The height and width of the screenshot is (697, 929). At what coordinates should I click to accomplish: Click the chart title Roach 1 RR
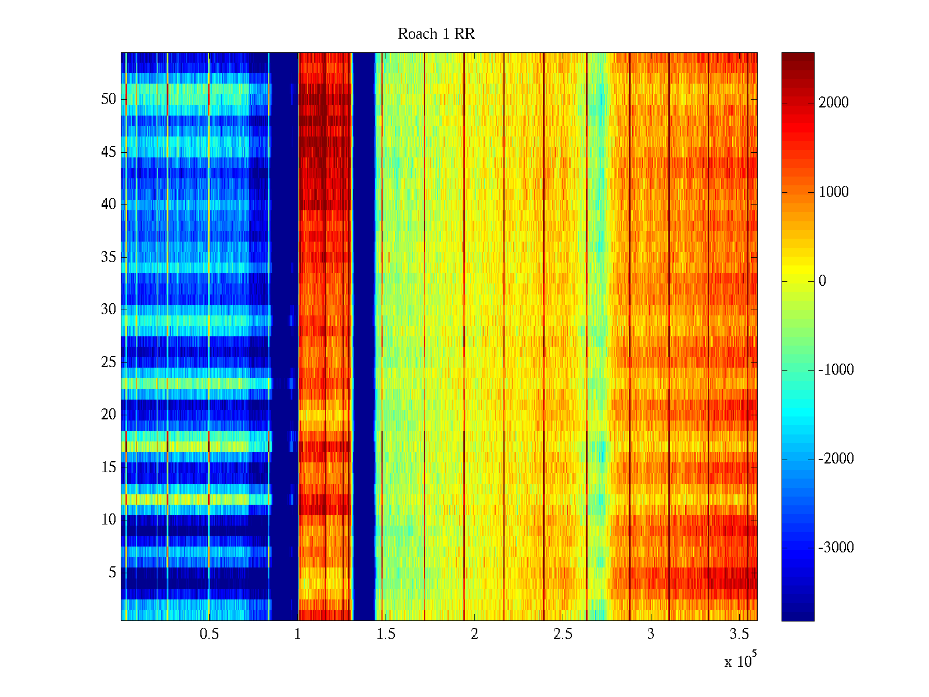pyautogui.click(x=436, y=34)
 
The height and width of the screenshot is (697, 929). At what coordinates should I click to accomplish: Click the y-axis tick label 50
pyautogui.click(x=109, y=99)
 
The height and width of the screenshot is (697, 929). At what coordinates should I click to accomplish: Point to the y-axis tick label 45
pyautogui.click(x=109, y=152)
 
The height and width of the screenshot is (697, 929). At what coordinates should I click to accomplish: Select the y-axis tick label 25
pyautogui.click(x=109, y=362)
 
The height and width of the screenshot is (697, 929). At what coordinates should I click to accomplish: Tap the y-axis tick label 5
pyautogui.click(x=112, y=573)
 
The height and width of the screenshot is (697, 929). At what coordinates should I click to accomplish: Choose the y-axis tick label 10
pyautogui.click(x=109, y=520)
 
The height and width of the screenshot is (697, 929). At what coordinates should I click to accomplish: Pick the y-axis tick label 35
pyautogui.click(x=109, y=257)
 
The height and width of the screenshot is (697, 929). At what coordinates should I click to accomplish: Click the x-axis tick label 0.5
pyautogui.click(x=209, y=634)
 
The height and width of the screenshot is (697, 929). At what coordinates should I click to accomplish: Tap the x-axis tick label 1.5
pyautogui.click(x=386, y=634)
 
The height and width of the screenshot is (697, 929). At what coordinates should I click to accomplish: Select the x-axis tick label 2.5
pyautogui.click(x=563, y=634)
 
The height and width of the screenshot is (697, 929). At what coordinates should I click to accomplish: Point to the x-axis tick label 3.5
pyautogui.click(x=739, y=634)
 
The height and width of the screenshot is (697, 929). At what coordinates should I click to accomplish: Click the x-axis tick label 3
pyautogui.click(x=651, y=634)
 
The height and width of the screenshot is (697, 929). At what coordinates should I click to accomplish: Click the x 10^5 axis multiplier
pyautogui.click(x=740, y=660)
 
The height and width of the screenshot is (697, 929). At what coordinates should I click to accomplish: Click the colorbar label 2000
pyautogui.click(x=834, y=103)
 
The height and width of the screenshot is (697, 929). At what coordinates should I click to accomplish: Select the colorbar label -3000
pyautogui.click(x=836, y=548)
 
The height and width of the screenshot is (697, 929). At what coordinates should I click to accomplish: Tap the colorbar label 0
pyautogui.click(x=822, y=281)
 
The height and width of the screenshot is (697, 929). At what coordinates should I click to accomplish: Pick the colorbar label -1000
pyautogui.click(x=836, y=370)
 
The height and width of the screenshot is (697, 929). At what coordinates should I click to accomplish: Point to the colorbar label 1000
pyautogui.click(x=834, y=192)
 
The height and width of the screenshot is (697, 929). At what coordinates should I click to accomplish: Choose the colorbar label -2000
pyautogui.click(x=836, y=459)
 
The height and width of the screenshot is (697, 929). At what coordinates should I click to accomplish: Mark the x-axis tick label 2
pyautogui.click(x=474, y=634)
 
